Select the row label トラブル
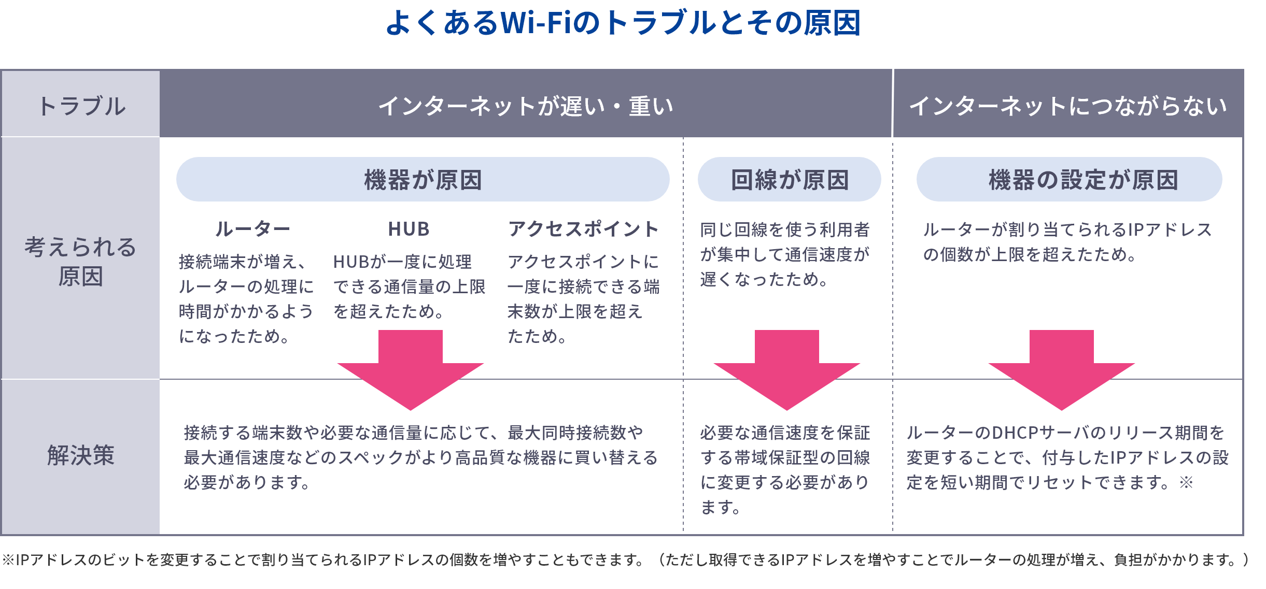click(81, 106)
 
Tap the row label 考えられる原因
click(80, 261)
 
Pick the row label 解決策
click(80, 456)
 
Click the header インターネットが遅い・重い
click(525, 106)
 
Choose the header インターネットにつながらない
click(1067, 106)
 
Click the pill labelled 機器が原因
click(423, 180)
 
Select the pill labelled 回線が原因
click(789, 180)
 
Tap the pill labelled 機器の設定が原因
click(1069, 180)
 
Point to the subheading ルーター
click(252, 229)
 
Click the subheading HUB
click(409, 229)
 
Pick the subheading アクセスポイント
click(583, 229)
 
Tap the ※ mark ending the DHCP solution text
click(1186, 483)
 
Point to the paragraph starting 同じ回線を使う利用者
click(784, 254)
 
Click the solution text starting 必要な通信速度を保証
click(784, 469)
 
